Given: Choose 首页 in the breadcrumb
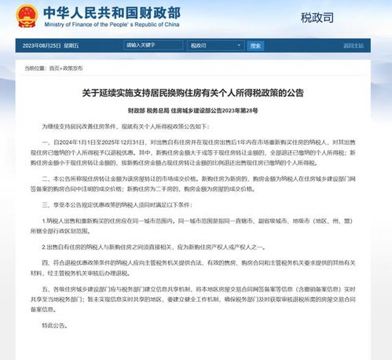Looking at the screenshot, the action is [53, 68].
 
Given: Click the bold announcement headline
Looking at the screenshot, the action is [196, 93].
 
